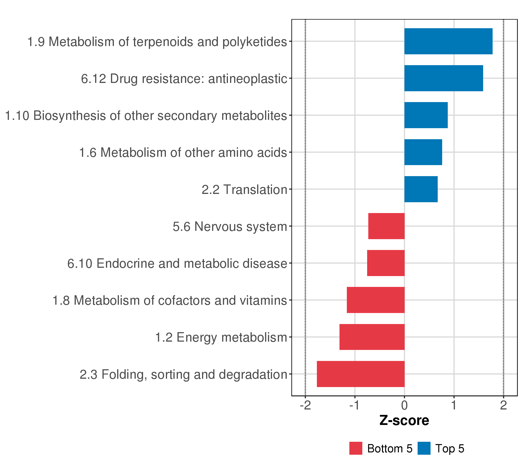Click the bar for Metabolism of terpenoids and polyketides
(x=448, y=41)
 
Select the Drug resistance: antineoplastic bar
(x=444, y=78)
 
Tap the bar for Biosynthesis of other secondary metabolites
(x=426, y=115)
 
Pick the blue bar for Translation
(x=421, y=189)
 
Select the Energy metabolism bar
(x=372, y=337)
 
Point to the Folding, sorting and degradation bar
(x=361, y=374)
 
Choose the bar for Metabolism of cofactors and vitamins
(x=375, y=300)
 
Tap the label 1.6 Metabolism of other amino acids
(x=183, y=153)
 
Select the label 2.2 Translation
(x=244, y=189)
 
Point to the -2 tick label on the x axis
(x=305, y=405)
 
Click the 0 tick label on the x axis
(x=404, y=405)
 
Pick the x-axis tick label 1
(x=454, y=405)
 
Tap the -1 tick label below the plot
(x=355, y=405)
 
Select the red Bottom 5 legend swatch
(x=356, y=448)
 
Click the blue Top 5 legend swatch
(x=424, y=448)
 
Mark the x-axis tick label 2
(x=503, y=405)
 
